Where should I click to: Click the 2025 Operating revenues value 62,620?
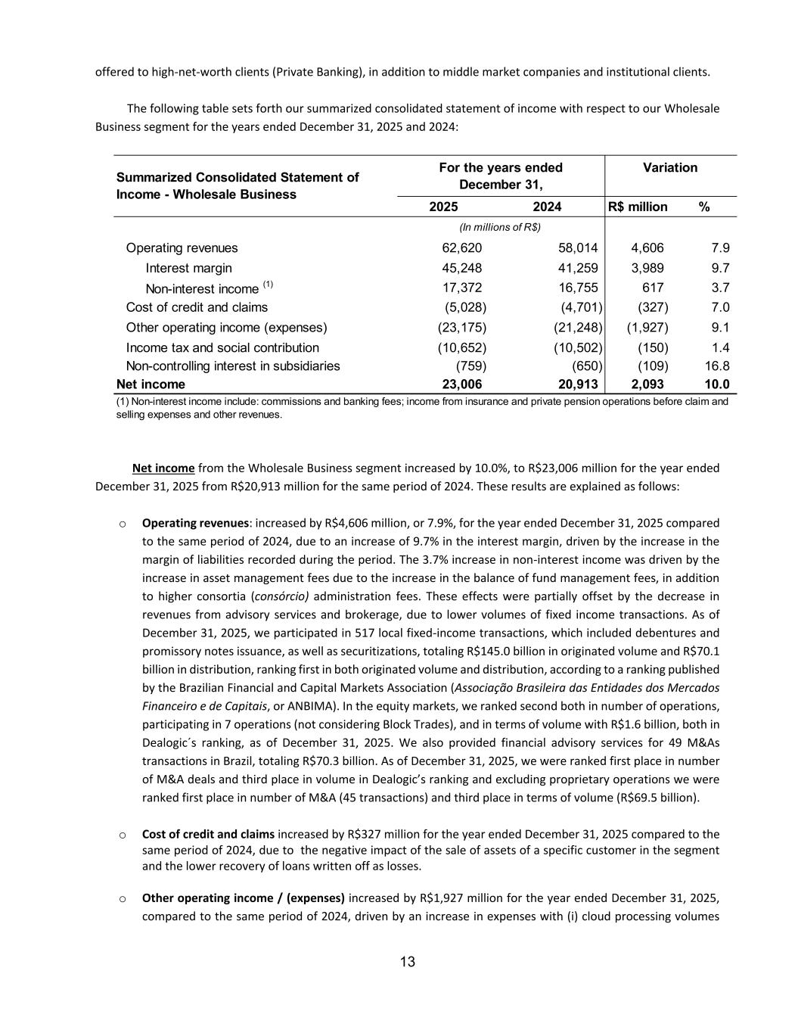click(461, 248)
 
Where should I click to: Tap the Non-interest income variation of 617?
click(653, 288)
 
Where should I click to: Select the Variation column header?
click(670, 168)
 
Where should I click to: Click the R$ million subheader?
click(638, 207)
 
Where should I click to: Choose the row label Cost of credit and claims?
click(197, 307)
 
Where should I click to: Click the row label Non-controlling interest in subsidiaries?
click(233, 366)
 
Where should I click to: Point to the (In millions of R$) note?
click(500, 227)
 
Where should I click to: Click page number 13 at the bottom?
click(408, 963)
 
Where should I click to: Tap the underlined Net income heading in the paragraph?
click(163, 468)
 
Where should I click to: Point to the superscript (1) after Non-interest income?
click(268, 285)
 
